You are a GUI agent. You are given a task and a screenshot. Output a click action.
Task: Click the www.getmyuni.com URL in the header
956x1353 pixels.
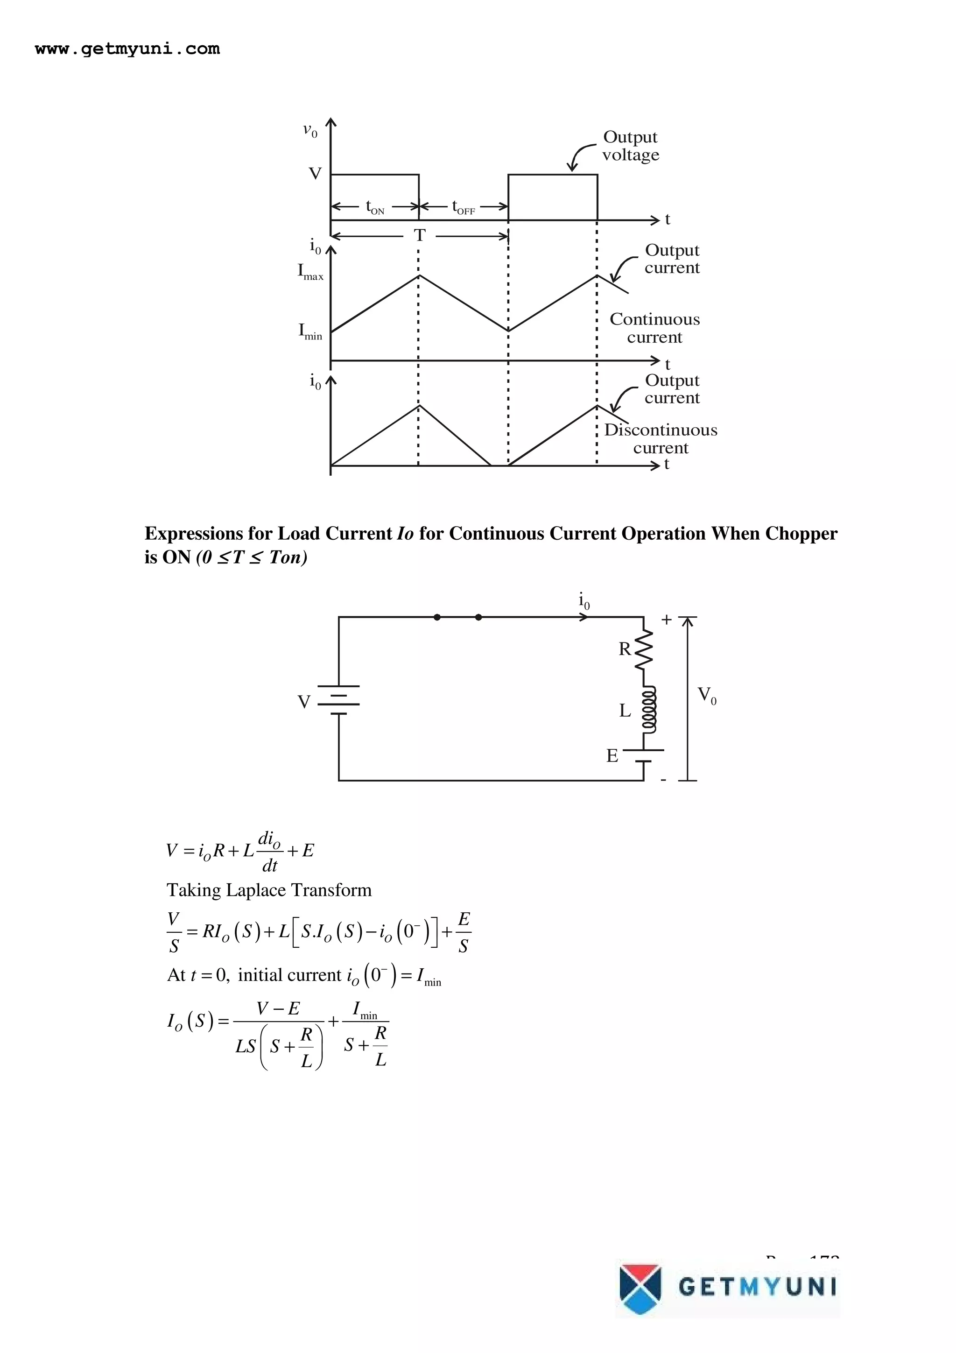pos(127,49)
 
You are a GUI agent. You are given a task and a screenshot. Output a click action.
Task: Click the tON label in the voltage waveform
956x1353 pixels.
pos(375,207)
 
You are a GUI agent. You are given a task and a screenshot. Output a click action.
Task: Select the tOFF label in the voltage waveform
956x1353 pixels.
pos(463,207)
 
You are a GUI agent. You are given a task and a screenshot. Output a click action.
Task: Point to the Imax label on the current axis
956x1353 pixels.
pos(310,272)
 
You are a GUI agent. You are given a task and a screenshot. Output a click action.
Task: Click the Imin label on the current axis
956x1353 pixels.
pos(310,332)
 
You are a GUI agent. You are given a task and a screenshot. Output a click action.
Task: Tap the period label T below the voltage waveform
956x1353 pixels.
pos(419,236)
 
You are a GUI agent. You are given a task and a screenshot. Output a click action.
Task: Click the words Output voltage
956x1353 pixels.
pos(630,146)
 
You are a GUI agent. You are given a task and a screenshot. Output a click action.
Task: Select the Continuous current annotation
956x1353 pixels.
pos(654,328)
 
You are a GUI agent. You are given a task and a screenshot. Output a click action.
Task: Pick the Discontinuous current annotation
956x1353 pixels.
pos(661,439)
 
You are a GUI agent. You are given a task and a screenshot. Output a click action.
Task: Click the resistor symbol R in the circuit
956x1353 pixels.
pos(644,649)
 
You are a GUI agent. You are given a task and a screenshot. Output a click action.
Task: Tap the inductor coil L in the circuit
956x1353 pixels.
pos(648,710)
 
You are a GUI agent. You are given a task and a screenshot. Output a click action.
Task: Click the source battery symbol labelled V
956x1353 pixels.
pos(339,700)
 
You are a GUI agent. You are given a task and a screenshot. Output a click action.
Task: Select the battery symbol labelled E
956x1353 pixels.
pos(643,755)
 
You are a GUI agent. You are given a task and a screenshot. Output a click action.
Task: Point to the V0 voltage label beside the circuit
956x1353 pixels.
pos(707,696)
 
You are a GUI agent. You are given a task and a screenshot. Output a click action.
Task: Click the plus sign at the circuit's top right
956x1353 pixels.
pos(666,620)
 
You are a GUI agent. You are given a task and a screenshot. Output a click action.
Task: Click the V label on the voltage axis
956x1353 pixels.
pos(315,174)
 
